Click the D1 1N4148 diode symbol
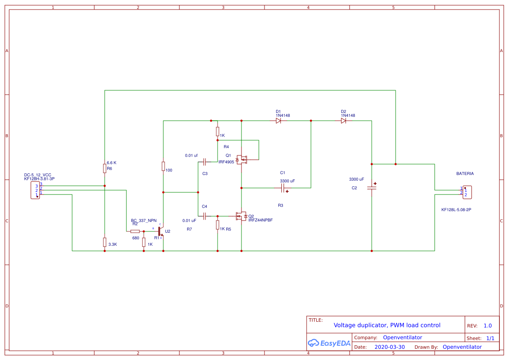[278, 121]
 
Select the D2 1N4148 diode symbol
[344, 121]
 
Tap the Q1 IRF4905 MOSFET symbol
[241, 160]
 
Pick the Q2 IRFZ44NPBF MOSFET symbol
[241, 216]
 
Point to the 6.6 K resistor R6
[105, 168]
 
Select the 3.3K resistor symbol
[105, 242]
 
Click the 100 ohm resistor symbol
[163, 166]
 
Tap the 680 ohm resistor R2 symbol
[135, 231]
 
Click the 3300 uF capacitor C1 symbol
[283, 188]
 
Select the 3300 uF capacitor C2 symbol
[372, 188]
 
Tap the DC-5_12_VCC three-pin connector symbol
[35, 190]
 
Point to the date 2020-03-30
[389, 347]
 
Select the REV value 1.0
[487, 326]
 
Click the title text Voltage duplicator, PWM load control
[387, 325]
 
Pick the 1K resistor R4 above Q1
[218, 132]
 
